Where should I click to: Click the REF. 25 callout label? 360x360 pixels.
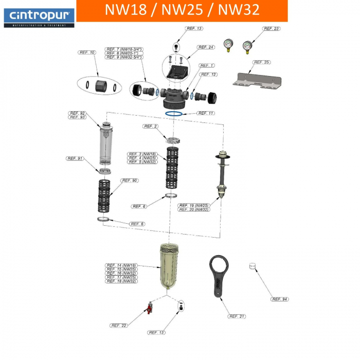[262, 62]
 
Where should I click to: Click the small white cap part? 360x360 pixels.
[252, 266]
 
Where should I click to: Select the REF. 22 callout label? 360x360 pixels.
[119, 326]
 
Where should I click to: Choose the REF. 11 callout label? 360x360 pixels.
[206, 113]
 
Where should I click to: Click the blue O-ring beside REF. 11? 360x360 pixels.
[174, 113]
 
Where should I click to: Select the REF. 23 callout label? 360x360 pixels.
[272, 29]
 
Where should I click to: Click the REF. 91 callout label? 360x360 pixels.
[75, 158]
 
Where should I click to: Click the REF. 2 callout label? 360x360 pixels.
[151, 126]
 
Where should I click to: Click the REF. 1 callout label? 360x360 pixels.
[207, 65]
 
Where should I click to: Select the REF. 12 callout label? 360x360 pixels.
[209, 75]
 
